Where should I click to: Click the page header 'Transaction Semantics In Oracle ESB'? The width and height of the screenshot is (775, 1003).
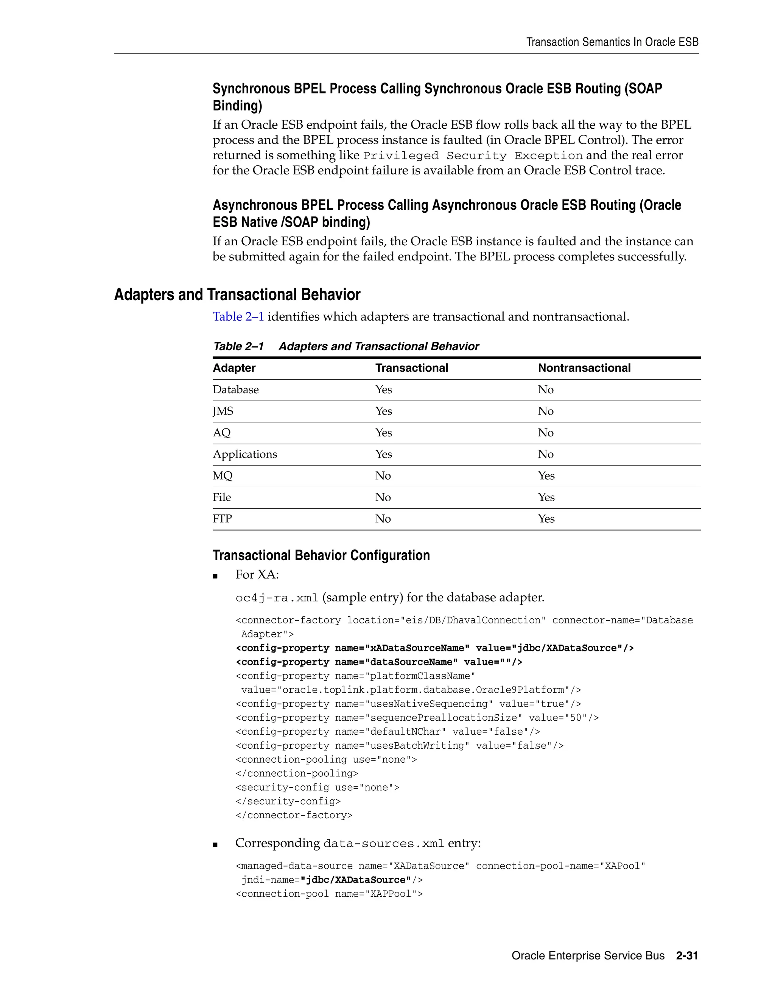[612, 42]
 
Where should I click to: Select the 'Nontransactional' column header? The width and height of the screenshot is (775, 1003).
[584, 368]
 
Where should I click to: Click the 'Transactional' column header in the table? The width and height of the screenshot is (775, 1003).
[411, 368]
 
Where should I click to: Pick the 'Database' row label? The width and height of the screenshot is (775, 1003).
[235, 389]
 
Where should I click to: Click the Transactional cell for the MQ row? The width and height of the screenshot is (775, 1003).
[383, 476]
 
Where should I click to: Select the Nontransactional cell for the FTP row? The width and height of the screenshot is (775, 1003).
[546, 519]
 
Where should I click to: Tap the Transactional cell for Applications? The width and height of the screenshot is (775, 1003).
[383, 454]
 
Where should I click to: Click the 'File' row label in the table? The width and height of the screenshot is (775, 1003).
[222, 497]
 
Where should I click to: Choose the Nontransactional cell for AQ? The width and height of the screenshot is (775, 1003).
[545, 433]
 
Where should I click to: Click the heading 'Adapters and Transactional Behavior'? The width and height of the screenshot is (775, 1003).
[237, 295]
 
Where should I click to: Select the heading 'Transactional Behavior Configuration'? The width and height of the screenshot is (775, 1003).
[321, 555]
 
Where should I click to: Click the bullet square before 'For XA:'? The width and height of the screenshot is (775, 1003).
[215, 576]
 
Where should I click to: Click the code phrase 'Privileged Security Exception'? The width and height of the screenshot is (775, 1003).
[472, 156]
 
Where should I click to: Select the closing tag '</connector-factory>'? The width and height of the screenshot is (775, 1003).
[294, 815]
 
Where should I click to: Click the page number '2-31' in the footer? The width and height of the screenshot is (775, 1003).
[687, 956]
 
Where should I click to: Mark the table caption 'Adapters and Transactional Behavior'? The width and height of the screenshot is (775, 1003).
[378, 346]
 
